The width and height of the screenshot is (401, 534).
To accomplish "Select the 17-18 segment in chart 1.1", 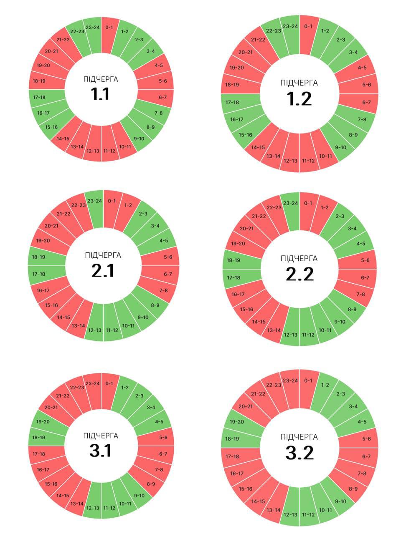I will [x=40, y=97].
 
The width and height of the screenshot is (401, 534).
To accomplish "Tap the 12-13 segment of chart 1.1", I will [x=93, y=150].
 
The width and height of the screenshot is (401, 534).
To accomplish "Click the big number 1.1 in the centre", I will [x=100, y=95].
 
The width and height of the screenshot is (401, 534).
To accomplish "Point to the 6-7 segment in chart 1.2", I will [x=366, y=102].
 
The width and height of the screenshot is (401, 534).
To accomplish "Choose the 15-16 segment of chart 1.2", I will [x=246, y=135].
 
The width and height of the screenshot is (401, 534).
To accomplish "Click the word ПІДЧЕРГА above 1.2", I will [x=299, y=83].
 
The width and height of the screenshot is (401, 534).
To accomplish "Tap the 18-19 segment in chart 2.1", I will [x=39, y=257].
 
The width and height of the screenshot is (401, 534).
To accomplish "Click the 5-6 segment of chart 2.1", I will [x=168, y=257].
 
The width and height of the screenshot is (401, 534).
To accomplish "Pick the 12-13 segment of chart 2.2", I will [x=290, y=335].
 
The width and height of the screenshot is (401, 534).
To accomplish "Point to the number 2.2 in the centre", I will [x=299, y=275].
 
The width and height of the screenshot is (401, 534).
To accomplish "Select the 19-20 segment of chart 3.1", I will [x=43, y=422].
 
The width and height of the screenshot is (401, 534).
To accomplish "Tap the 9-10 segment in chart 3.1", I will [x=139, y=495].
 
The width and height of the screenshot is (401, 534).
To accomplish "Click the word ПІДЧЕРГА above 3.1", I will [x=101, y=436].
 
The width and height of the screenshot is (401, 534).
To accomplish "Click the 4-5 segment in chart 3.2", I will [x=361, y=422].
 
